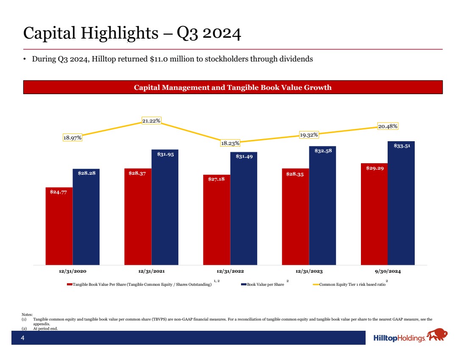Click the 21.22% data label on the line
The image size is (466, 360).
click(x=151, y=121)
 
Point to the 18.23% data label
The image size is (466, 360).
click(x=230, y=143)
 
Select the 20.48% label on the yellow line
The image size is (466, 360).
click(x=388, y=126)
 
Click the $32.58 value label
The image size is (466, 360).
click(x=322, y=151)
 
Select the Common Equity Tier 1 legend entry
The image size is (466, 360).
click(x=352, y=285)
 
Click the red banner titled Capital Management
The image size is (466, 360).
click(x=233, y=87)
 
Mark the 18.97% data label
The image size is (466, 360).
click(x=72, y=137)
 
